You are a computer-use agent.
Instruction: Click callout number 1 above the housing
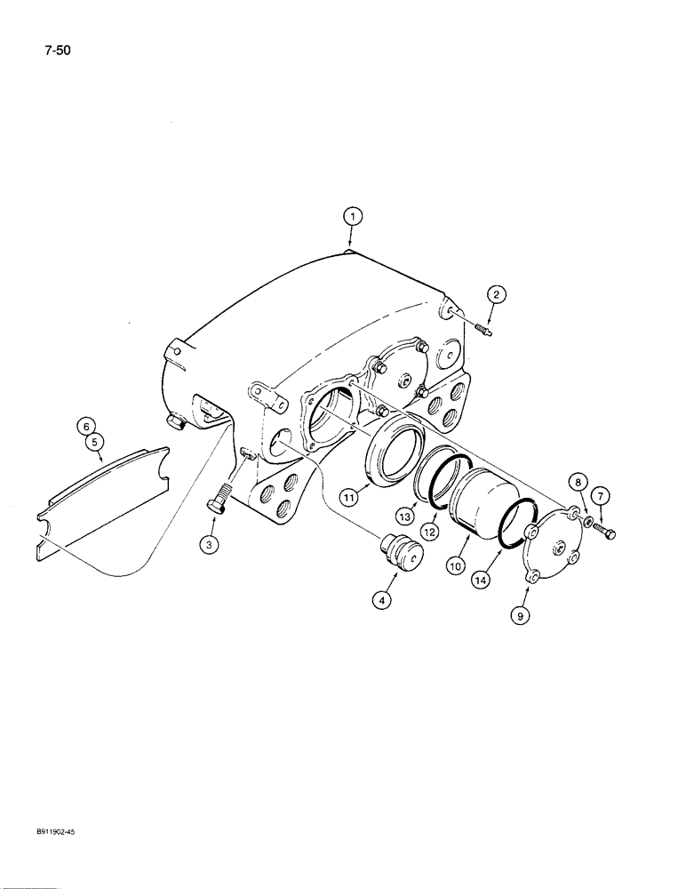coord(353,216)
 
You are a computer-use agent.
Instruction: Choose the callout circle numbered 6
coord(87,426)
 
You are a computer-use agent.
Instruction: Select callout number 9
coord(521,613)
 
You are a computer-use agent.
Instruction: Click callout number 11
coord(349,499)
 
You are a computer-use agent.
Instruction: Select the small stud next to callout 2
coord(483,332)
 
